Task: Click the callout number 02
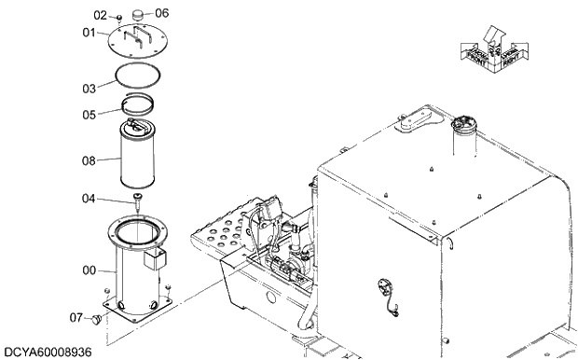[x=102, y=15]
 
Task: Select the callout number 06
[x=161, y=13]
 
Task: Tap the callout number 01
[x=89, y=33]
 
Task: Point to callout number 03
[x=89, y=89]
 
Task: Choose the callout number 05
[x=89, y=116]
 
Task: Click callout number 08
[x=89, y=160]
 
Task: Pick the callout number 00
[x=89, y=270]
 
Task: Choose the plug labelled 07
[x=94, y=320]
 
